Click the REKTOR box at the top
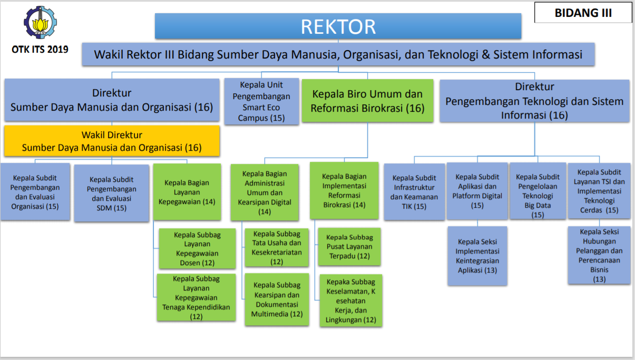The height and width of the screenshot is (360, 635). (338, 26)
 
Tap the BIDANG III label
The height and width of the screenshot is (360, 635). (583, 13)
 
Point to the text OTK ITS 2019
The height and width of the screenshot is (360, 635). (40, 51)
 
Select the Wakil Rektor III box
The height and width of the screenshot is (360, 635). (338, 55)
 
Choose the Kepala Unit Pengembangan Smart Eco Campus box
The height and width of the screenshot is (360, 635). (261, 101)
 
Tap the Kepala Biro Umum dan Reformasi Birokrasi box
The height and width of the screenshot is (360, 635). (367, 101)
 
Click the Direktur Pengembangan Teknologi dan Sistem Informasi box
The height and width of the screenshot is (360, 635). (534, 101)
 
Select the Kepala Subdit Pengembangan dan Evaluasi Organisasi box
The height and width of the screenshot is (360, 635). (35, 192)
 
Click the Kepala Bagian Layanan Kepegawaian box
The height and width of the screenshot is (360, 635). (187, 192)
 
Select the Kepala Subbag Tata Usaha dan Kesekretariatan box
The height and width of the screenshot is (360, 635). (277, 247)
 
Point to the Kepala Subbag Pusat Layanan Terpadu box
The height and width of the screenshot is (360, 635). (349, 247)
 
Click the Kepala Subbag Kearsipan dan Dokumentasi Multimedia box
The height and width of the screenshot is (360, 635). (277, 299)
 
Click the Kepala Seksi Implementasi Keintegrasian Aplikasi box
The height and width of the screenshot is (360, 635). (477, 256)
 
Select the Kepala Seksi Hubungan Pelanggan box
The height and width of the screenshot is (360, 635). (599, 255)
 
